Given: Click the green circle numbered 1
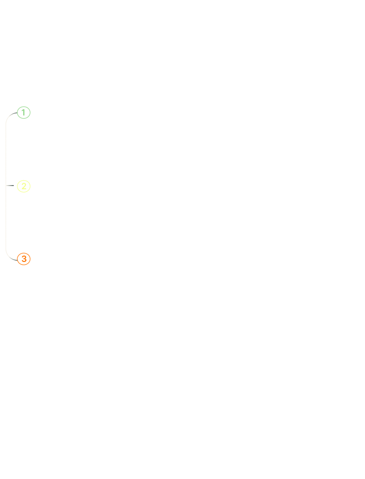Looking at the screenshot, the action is [x=23, y=112].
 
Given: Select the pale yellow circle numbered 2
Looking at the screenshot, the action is [x=23, y=186].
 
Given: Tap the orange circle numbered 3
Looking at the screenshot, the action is [x=23, y=259].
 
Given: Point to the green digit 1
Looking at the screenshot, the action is [x=23, y=112].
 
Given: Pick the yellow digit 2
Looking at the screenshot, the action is [x=23, y=186].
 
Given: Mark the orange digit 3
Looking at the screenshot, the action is [x=23, y=259].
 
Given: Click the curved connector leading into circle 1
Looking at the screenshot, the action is [x=9, y=117].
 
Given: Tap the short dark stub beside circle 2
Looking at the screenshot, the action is [x=10, y=186].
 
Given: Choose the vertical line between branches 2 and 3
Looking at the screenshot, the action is [x=6, y=216].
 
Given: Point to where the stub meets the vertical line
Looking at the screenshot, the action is [x=6, y=186].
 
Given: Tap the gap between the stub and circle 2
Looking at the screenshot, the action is [x=16, y=186].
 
